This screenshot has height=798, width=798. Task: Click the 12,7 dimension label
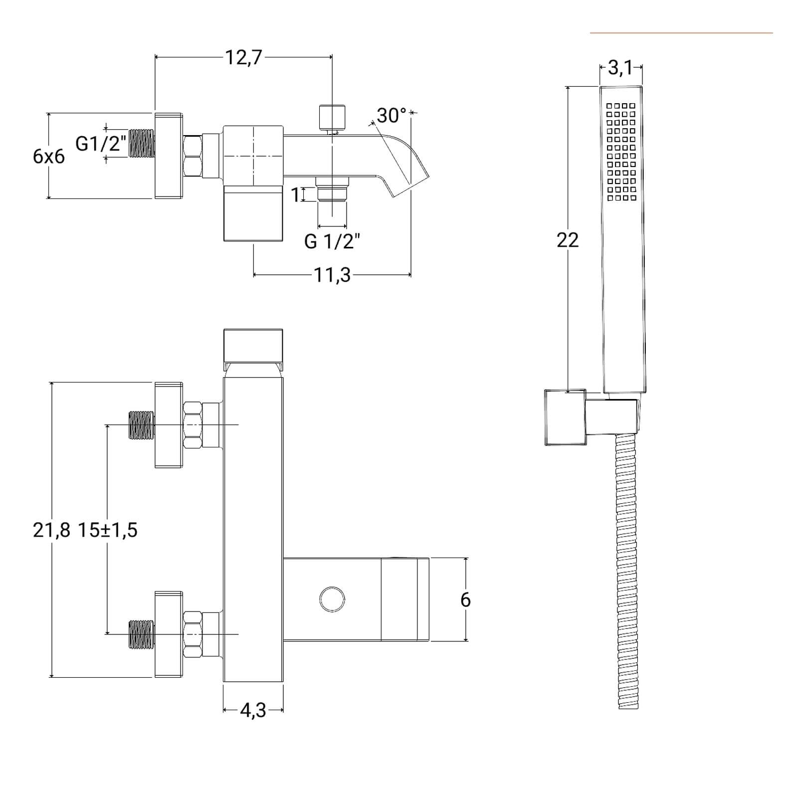(x=243, y=58)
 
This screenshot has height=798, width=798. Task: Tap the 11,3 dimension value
(x=332, y=275)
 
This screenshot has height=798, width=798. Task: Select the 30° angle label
(x=392, y=116)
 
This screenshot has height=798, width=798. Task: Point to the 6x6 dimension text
(x=49, y=157)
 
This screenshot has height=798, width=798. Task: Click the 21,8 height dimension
(x=52, y=530)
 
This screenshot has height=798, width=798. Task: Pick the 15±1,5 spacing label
(x=107, y=530)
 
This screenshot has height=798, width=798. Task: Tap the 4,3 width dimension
(x=253, y=710)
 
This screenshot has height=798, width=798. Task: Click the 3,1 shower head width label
(x=620, y=68)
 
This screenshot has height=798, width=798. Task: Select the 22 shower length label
(x=568, y=240)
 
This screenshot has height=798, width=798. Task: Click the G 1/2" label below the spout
(x=332, y=241)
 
